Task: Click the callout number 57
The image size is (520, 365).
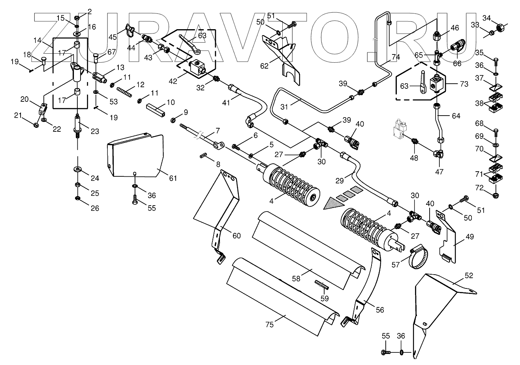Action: coord(396,264)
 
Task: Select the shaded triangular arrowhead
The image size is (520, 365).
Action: coord(334,204)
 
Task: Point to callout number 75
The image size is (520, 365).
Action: coord(270,325)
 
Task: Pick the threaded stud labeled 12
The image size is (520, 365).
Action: coord(124,92)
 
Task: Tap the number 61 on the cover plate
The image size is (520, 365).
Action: coord(173,178)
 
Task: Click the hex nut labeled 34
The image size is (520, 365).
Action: coord(501,28)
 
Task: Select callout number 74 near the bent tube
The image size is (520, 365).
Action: coord(396,57)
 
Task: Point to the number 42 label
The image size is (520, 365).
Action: coord(173,81)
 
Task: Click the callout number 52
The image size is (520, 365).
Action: coord(469,275)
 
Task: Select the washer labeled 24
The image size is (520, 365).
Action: coord(77,168)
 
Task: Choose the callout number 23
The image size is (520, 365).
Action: coord(95,131)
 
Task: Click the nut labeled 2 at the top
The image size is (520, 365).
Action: coord(77,17)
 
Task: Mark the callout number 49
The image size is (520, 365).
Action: coord(470,237)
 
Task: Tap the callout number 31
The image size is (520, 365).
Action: coord(284,107)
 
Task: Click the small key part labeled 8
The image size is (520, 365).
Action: coord(203,155)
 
